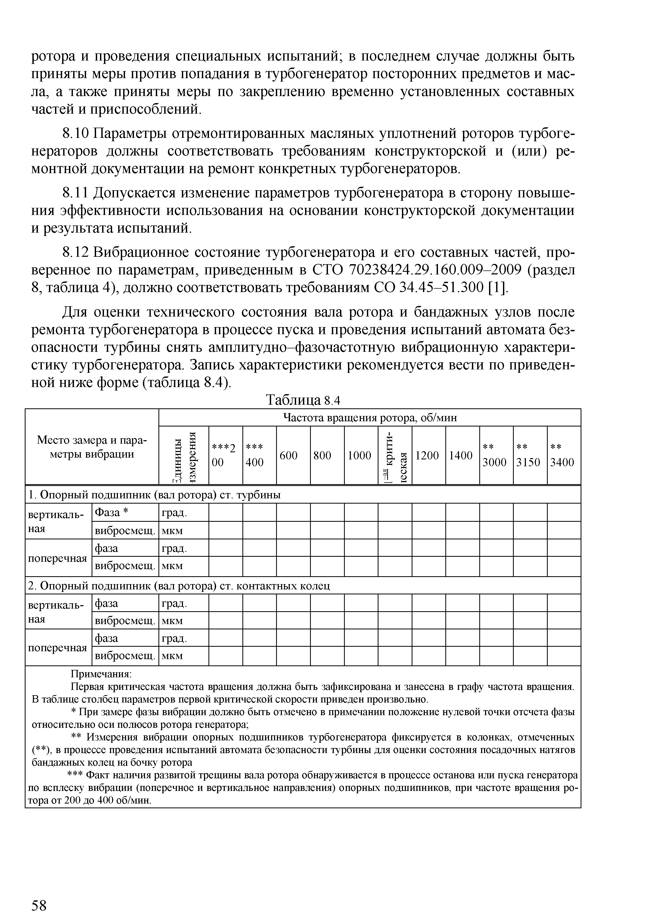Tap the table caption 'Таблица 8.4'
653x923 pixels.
click(304, 400)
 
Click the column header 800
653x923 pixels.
click(322, 455)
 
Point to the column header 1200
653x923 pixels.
click(427, 455)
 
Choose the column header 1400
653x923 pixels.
click(461, 455)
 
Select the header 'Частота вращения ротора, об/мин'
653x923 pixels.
click(370, 418)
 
